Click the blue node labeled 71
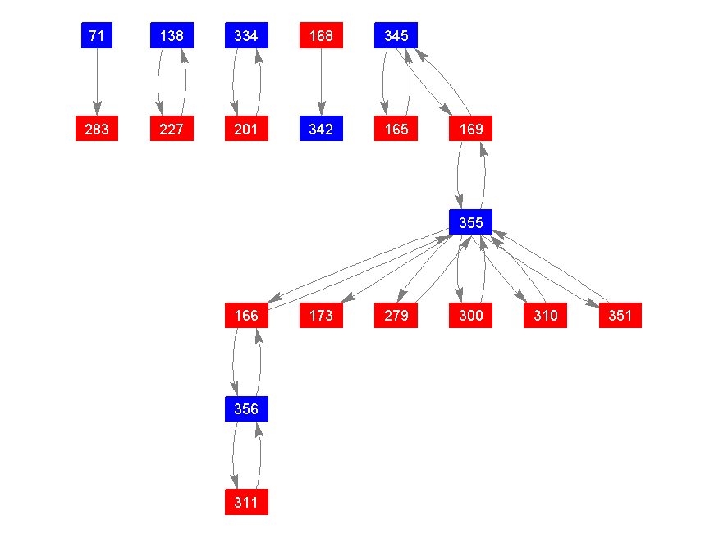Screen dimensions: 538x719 (97, 35)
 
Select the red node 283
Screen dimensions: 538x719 (97, 129)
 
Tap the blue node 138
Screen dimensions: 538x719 (172, 35)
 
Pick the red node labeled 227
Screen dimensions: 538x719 (172, 129)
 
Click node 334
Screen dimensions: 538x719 (246, 35)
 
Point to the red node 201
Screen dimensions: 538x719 (246, 129)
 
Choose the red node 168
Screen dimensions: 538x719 (321, 35)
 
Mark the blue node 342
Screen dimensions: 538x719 (321, 129)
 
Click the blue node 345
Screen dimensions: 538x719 (396, 35)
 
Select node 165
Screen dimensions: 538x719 (396, 129)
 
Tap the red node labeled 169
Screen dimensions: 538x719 (470, 129)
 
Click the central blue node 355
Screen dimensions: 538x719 (470, 221)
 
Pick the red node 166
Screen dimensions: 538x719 (246, 315)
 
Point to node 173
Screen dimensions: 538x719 (321, 315)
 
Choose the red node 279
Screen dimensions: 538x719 (396, 315)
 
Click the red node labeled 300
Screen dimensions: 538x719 (470, 315)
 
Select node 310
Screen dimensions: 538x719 (545, 315)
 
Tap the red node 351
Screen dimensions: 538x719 (620, 315)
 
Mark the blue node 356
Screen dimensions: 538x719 (246, 408)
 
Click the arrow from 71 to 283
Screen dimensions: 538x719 (97, 82)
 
